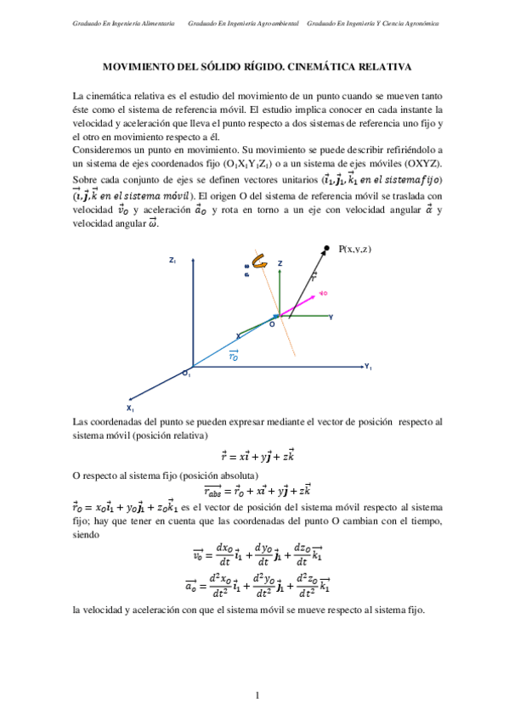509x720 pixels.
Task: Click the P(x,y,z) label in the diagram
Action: (356, 248)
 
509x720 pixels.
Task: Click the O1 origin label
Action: (186, 373)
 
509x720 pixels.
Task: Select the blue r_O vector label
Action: (233, 357)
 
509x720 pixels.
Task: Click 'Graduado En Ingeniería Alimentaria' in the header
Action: (124, 24)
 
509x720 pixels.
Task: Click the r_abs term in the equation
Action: (218, 491)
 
